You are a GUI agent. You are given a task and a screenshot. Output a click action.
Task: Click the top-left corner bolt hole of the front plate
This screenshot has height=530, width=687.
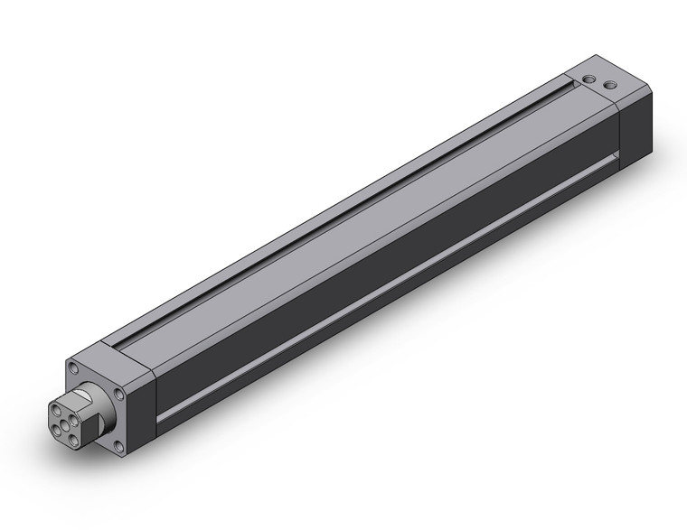pyautogui.click(x=73, y=368)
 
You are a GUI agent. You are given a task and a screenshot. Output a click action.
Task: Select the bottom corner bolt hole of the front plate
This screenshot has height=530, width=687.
pyautogui.click(x=119, y=445)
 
